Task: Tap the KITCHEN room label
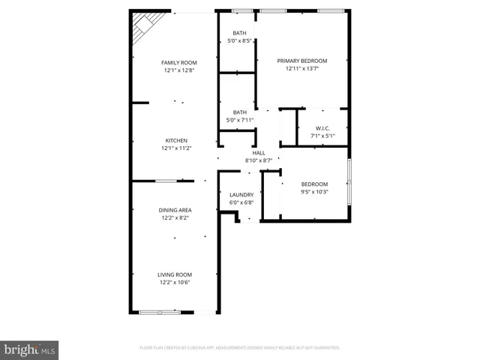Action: [176, 140]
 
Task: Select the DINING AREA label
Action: [174, 210]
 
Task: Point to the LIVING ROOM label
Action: [174, 274]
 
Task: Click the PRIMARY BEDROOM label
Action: [301, 61]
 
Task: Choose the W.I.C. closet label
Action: [323, 128]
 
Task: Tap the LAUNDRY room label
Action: [241, 195]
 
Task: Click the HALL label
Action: [258, 152]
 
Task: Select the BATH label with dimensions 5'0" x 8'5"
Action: [239, 33]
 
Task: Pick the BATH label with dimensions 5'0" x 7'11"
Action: [239, 112]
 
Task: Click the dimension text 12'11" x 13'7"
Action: [301, 69]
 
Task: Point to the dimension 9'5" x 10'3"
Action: [314, 192]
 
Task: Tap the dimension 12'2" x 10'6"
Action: [174, 283]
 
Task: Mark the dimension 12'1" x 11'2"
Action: [176, 148]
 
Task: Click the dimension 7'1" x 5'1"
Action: [323, 136]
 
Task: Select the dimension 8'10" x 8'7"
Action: [258, 160]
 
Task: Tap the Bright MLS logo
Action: [30, 349]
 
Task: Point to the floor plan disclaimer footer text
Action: [240, 348]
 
